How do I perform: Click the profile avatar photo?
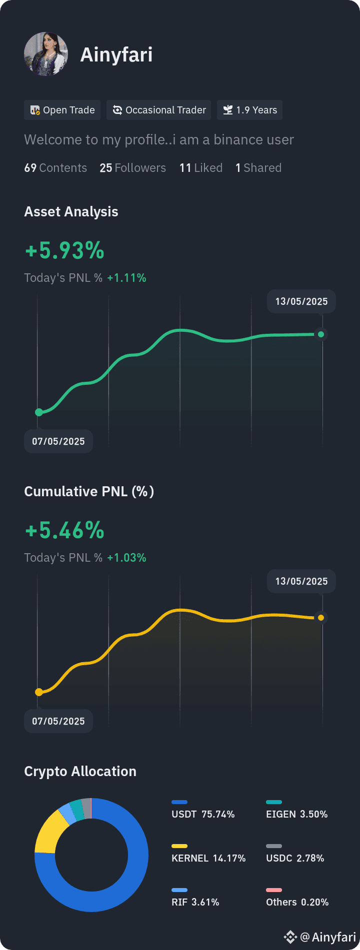pyautogui.click(x=46, y=54)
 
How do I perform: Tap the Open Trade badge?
pyautogui.click(x=62, y=110)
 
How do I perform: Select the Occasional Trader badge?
pyautogui.click(x=159, y=110)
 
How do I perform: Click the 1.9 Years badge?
pyautogui.click(x=249, y=110)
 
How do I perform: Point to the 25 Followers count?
pyautogui.click(x=132, y=168)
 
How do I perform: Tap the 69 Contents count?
pyautogui.click(x=55, y=168)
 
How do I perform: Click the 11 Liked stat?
pyautogui.click(x=201, y=168)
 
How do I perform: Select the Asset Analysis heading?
pyautogui.click(x=71, y=212)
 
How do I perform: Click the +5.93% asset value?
pyautogui.click(x=65, y=251)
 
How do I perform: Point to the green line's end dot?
pyautogui.click(x=321, y=334)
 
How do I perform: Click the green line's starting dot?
pyautogui.click(x=39, y=412)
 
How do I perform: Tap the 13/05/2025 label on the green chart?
pyautogui.click(x=301, y=302)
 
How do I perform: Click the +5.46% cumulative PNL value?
pyautogui.click(x=65, y=531)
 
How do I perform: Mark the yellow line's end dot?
pyautogui.click(x=321, y=618)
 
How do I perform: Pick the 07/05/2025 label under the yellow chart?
pyautogui.click(x=58, y=721)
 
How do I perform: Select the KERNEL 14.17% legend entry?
pyautogui.click(x=208, y=854)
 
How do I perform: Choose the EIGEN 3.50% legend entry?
pyautogui.click(x=297, y=810)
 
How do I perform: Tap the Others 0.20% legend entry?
pyautogui.click(x=297, y=898)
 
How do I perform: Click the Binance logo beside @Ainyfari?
pyautogui.click(x=290, y=937)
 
